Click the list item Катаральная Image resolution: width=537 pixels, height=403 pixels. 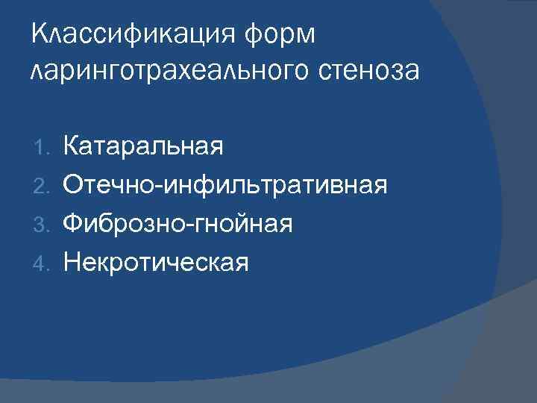143,143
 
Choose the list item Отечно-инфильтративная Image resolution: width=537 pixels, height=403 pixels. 224,183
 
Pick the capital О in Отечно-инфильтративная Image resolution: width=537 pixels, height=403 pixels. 74,183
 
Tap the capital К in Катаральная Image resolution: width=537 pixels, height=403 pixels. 72,143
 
